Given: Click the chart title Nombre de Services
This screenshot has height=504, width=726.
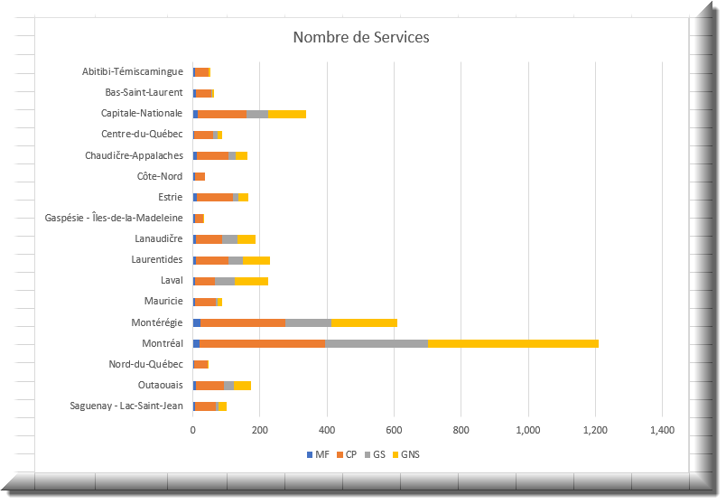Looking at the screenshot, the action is (361, 37).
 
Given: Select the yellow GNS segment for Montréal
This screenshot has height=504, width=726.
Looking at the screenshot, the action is (513, 343).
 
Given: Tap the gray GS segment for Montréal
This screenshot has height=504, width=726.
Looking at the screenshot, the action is (377, 343).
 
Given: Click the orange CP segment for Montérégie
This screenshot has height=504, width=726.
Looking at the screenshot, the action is (243, 322).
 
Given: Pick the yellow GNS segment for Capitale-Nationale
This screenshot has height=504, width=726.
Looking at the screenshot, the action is (287, 114).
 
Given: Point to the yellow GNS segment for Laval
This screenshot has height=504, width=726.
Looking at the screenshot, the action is (251, 281).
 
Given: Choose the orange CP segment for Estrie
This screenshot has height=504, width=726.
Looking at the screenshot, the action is (215, 197).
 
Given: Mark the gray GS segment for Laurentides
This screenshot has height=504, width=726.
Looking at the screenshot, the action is (236, 260).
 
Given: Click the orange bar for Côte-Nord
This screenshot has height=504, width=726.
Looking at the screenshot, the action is (200, 176).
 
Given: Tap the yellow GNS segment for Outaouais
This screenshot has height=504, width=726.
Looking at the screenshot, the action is (242, 386).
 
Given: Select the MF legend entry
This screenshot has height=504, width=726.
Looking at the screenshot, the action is (318, 454).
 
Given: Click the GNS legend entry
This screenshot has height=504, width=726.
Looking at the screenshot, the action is (406, 454).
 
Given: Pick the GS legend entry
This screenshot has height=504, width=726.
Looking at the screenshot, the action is (375, 454).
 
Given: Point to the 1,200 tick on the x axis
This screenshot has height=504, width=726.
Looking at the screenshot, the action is (595, 430).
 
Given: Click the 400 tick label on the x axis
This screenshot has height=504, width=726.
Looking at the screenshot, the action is (327, 430).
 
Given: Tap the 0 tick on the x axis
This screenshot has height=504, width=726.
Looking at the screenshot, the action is (193, 430).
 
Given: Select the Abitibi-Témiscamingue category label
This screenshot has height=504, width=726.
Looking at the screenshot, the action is (133, 71).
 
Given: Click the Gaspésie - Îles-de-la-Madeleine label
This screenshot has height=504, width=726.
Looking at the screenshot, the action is (114, 218).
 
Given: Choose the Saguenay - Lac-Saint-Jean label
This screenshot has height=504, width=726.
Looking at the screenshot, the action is (126, 406).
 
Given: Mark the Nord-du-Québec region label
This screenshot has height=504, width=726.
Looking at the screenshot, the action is (146, 364).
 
